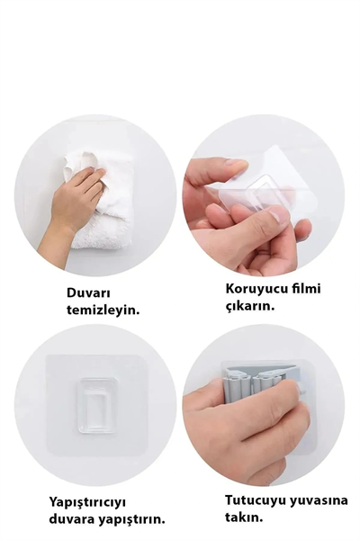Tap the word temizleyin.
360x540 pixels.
pyautogui.click(x=103, y=310)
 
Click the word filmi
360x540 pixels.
pyautogui.click(x=307, y=289)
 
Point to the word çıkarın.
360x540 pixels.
pyautogui.click(x=249, y=306)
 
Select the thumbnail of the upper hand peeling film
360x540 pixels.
pyautogui.click(x=237, y=164)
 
